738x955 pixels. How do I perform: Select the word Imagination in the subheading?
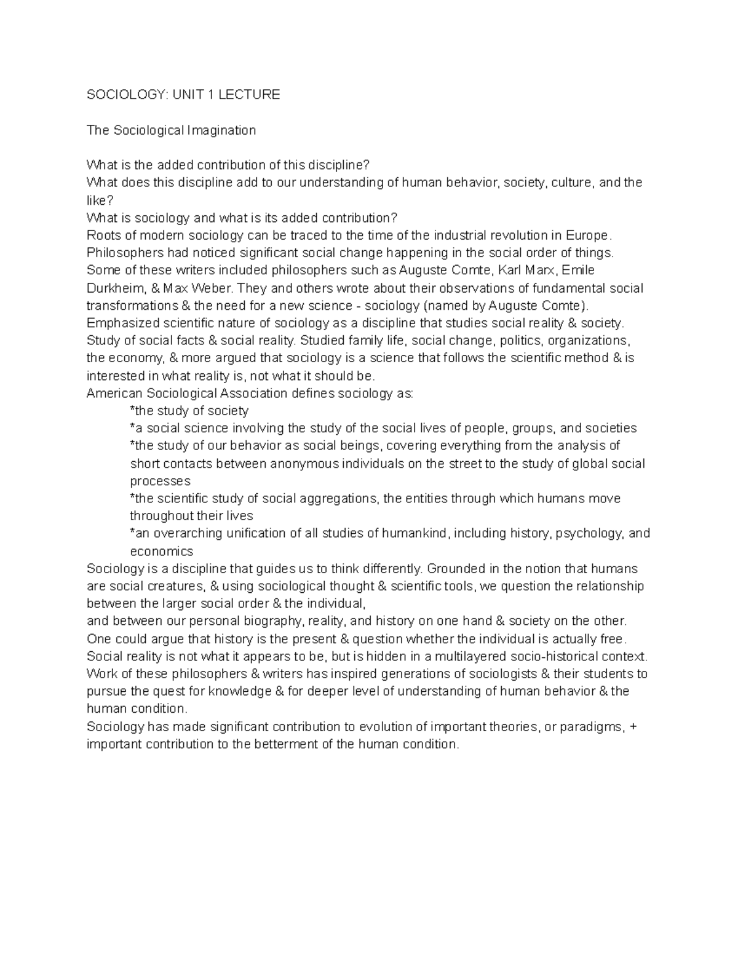221,130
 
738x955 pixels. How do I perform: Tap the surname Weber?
212,288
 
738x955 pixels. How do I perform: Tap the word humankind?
416,534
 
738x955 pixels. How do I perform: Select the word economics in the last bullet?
161,552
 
